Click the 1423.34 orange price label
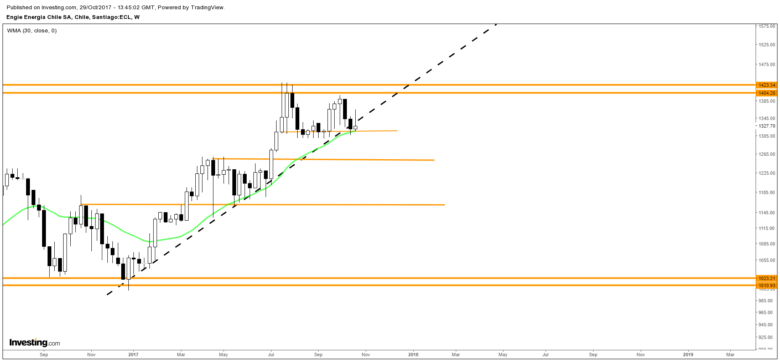[x=767, y=85]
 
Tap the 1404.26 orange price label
[x=767, y=93]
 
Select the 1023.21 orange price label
[x=767, y=278]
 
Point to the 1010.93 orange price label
[x=767, y=285]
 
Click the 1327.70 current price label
[x=767, y=126]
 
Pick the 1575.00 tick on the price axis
[x=767, y=26]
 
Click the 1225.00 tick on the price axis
[x=767, y=173]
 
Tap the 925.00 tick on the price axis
[x=767, y=337]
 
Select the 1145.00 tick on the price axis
[x=767, y=213]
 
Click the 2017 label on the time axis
[x=133, y=355]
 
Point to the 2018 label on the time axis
[x=413, y=355]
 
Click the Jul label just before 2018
[x=271, y=355]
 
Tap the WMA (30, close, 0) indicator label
[x=32, y=31]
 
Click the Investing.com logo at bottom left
[x=35, y=343]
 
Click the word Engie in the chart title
[x=14, y=17]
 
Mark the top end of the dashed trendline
[x=497, y=24]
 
